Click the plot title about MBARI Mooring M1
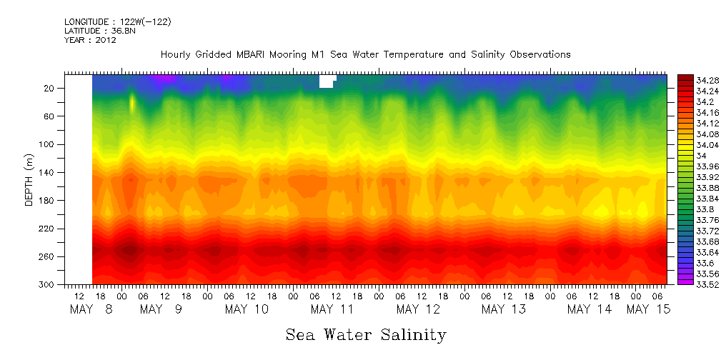pyautogui.click(x=365, y=54)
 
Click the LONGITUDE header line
pyautogui.click(x=117, y=22)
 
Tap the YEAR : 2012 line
pyautogui.click(x=90, y=41)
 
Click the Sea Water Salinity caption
pyautogui.click(x=366, y=334)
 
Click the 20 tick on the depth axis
pyautogui.click(x=50, y=88)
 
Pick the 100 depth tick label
pyautogui.click(x=48, y=144)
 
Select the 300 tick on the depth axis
pyautogui.click(x=48, y=284)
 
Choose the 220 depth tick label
pyautogui.click(x=48, y=229)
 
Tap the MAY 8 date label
pyautogui.click(x=91, y=309)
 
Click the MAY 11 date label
pyautogui.click(x=332, y=309)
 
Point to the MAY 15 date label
pyautogui.click(x=647, y=309)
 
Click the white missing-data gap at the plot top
pyautogui.click(x=326, y=81)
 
